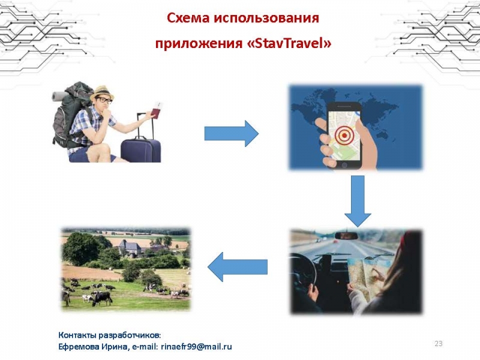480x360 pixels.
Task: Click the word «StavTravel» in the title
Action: [289, 43]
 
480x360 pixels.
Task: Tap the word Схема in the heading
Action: [188, 18]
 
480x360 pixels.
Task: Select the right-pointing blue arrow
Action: [232, 133]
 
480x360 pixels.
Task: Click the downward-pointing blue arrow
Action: [358, 202]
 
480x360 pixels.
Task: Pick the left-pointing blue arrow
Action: [238, 266]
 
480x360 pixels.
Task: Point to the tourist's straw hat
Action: [101, 92]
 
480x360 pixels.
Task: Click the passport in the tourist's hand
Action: [157, 111]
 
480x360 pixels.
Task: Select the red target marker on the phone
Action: [344, 135]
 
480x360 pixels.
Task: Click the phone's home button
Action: [344, 166]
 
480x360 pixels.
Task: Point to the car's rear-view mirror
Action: [346, 235]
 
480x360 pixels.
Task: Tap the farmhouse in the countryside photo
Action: [131, 248]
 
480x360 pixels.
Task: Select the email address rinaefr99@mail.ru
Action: [196, 347]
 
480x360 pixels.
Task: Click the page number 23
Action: [439, 343]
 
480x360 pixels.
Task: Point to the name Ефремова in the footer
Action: [74, 347]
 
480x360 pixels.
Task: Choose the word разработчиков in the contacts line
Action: [129, 335]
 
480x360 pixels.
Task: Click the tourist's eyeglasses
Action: [104, 100]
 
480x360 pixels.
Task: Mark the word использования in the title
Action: [266, 18]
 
